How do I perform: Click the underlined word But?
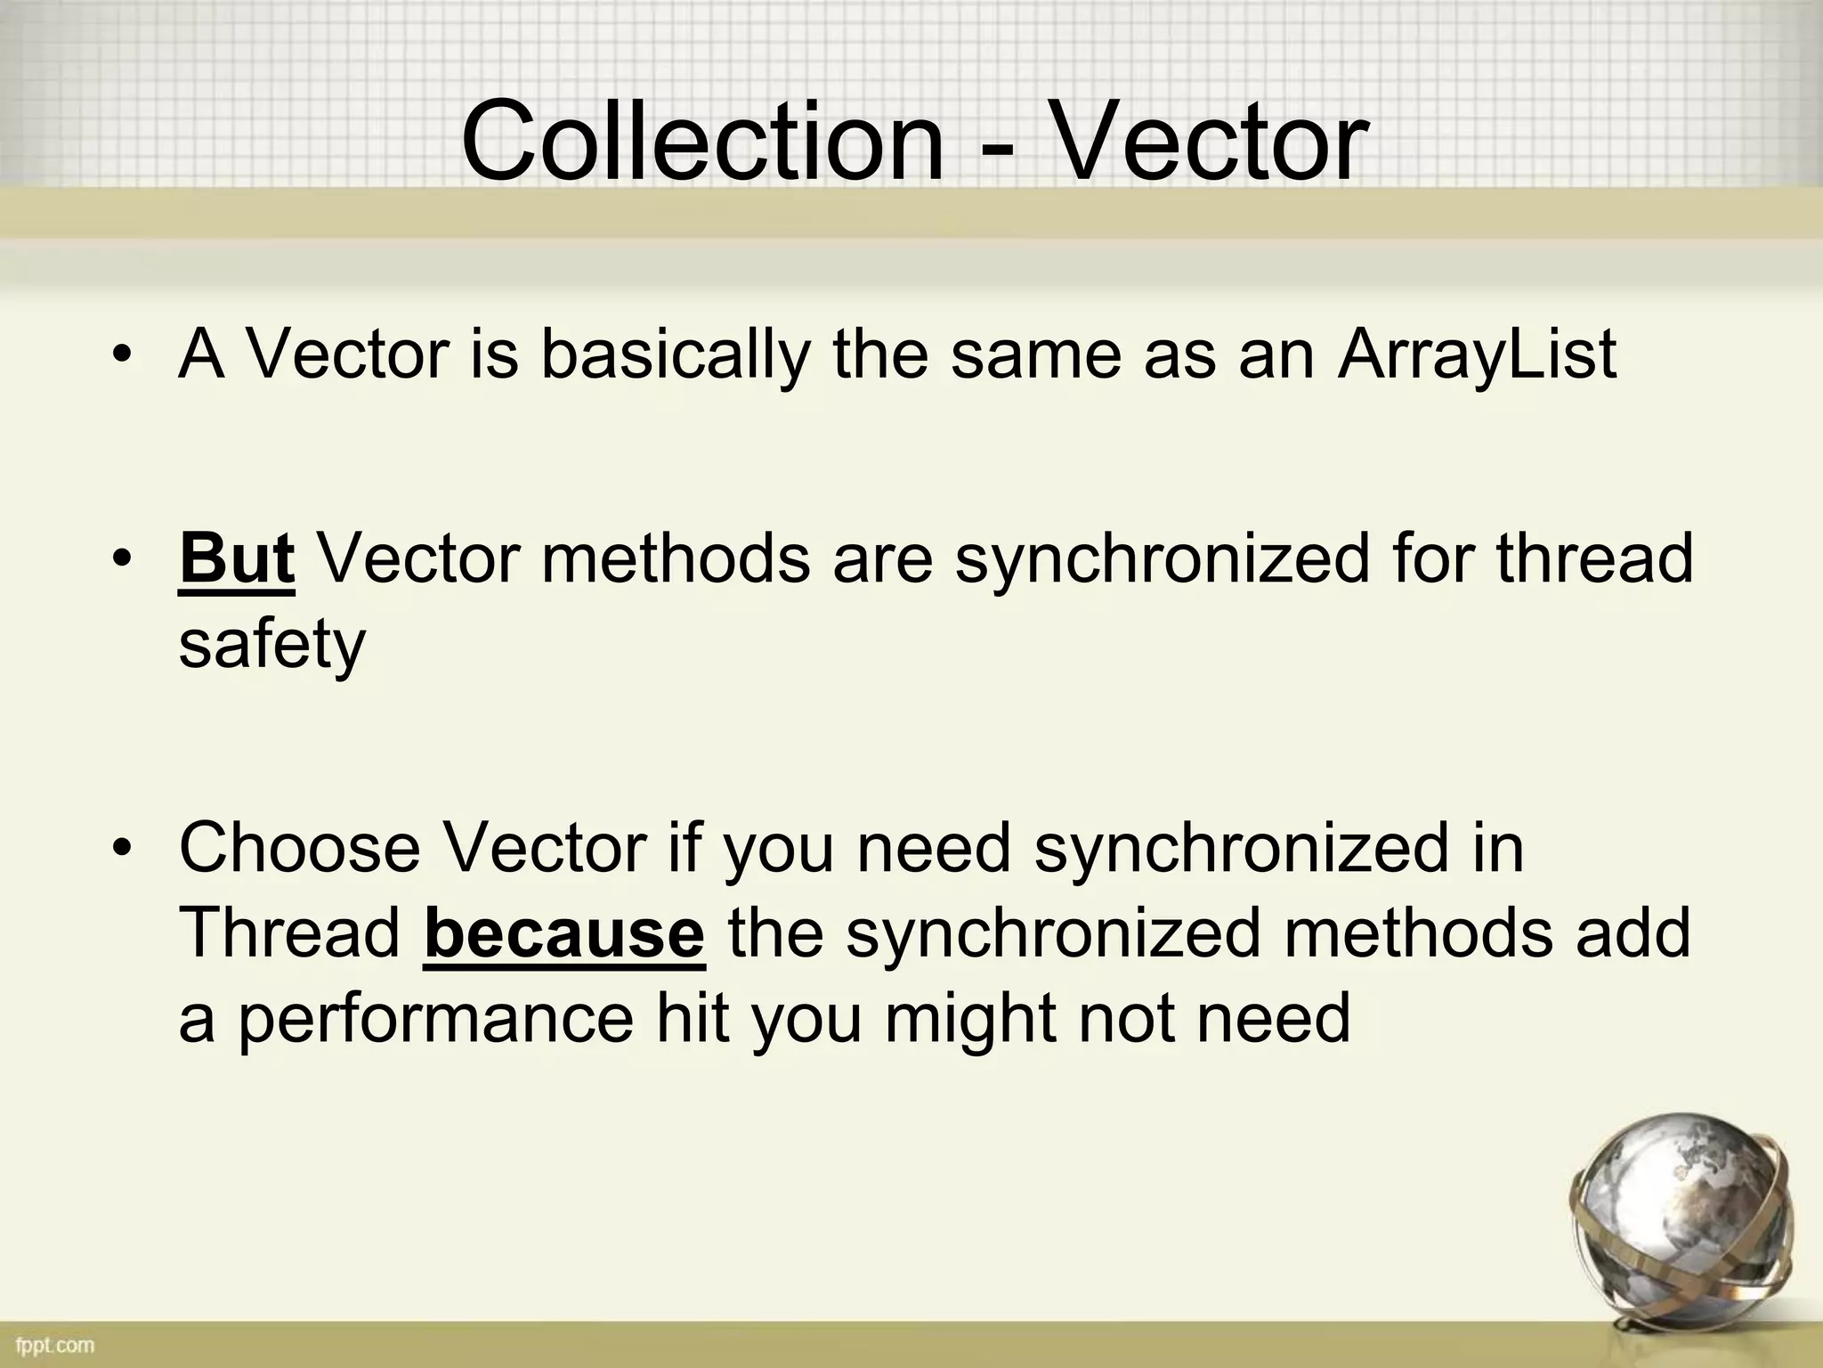(236, 558)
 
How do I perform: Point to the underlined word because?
(564, 933)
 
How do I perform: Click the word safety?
(271, 646)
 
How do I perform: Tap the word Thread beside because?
(290, 933)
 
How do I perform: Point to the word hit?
(693, 1019)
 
